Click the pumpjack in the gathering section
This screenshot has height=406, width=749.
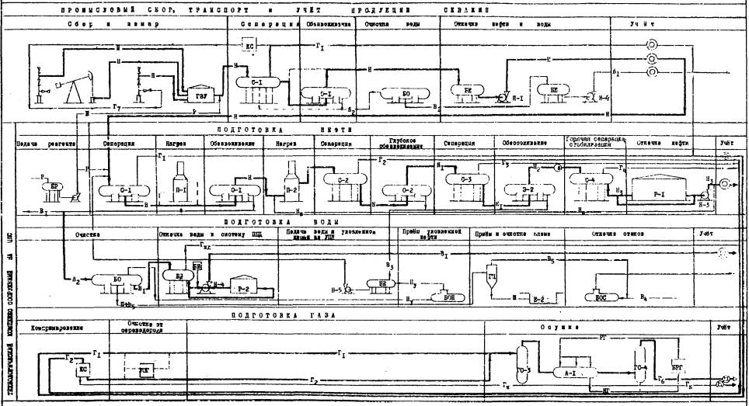(x=78, y=85)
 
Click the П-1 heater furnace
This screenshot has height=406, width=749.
(x=179, y=181)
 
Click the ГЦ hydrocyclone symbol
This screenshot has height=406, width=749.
(x=492, y=278)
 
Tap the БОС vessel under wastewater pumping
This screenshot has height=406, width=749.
(x=599, y=296)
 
